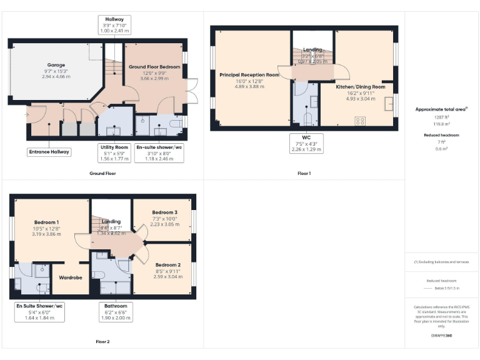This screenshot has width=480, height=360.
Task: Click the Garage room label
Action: coord(56,65)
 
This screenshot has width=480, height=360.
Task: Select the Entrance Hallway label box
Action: coord(49,151)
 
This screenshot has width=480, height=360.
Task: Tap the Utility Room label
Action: coord(114,147)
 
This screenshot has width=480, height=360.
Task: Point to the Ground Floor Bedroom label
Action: coord(154,67)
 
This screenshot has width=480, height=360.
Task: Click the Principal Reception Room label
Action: coord(249,74)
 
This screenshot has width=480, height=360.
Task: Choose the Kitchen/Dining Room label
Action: coord(361,87)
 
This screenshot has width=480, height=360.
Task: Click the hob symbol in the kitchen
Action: coord(360,121)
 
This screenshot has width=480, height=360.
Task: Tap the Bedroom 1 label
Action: coord(47,222)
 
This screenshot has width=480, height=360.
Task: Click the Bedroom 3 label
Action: coord(165,212)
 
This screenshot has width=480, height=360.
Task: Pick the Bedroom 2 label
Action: coord(167,264)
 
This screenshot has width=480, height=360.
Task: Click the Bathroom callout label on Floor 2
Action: coord(116,306)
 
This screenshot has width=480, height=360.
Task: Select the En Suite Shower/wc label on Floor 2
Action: coord(40,306)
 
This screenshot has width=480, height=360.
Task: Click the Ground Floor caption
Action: coord(102,173)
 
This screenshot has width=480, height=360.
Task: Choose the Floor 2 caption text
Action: coord(102,341)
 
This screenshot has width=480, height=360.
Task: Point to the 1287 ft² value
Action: coord(441,117)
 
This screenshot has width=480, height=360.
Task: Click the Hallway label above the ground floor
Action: coord(114,19)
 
